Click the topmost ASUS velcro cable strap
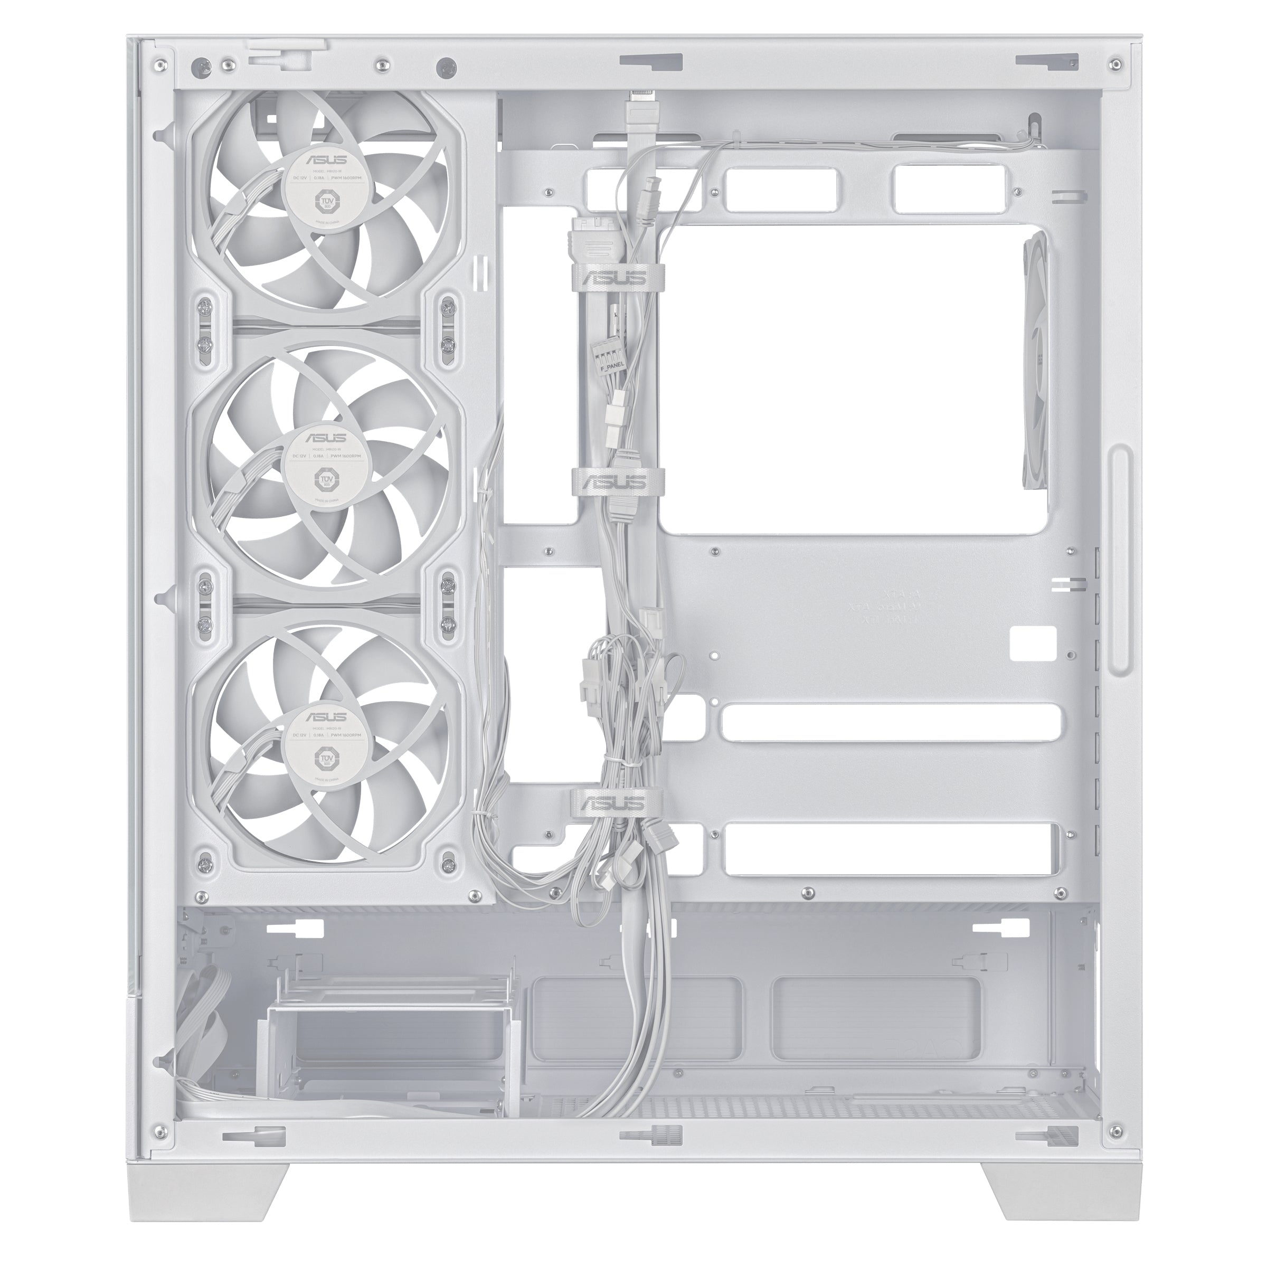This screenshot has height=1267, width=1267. click(x=617, y=278)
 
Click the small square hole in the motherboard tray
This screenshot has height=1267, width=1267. click(x=1033, y=642)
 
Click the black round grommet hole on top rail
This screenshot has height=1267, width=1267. click(x=447, y=65)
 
